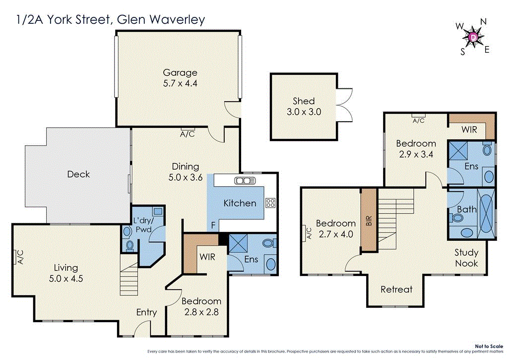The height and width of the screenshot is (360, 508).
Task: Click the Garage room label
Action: coord(180,73)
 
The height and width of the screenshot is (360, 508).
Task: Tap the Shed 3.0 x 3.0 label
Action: coord(304,107)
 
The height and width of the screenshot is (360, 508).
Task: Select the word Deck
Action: coord(78,174)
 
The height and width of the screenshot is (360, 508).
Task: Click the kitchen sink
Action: coord(244,180)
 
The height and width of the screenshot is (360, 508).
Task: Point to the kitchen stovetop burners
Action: coord(270,203)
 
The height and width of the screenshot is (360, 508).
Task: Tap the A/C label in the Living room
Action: coord(20,256)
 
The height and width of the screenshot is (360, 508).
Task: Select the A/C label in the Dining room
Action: coord(187,134)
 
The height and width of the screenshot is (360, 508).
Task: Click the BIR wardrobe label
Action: coord(368,222)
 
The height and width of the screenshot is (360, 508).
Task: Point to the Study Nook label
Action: coord(466,258)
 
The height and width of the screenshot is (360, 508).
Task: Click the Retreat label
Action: coord(396,289)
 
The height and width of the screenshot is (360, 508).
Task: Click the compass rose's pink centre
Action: coord(473,37)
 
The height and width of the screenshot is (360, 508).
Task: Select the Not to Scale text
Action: coord(489,346)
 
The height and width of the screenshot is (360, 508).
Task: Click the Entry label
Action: coord(146,312)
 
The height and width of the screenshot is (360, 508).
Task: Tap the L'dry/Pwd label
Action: coord(144,225)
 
